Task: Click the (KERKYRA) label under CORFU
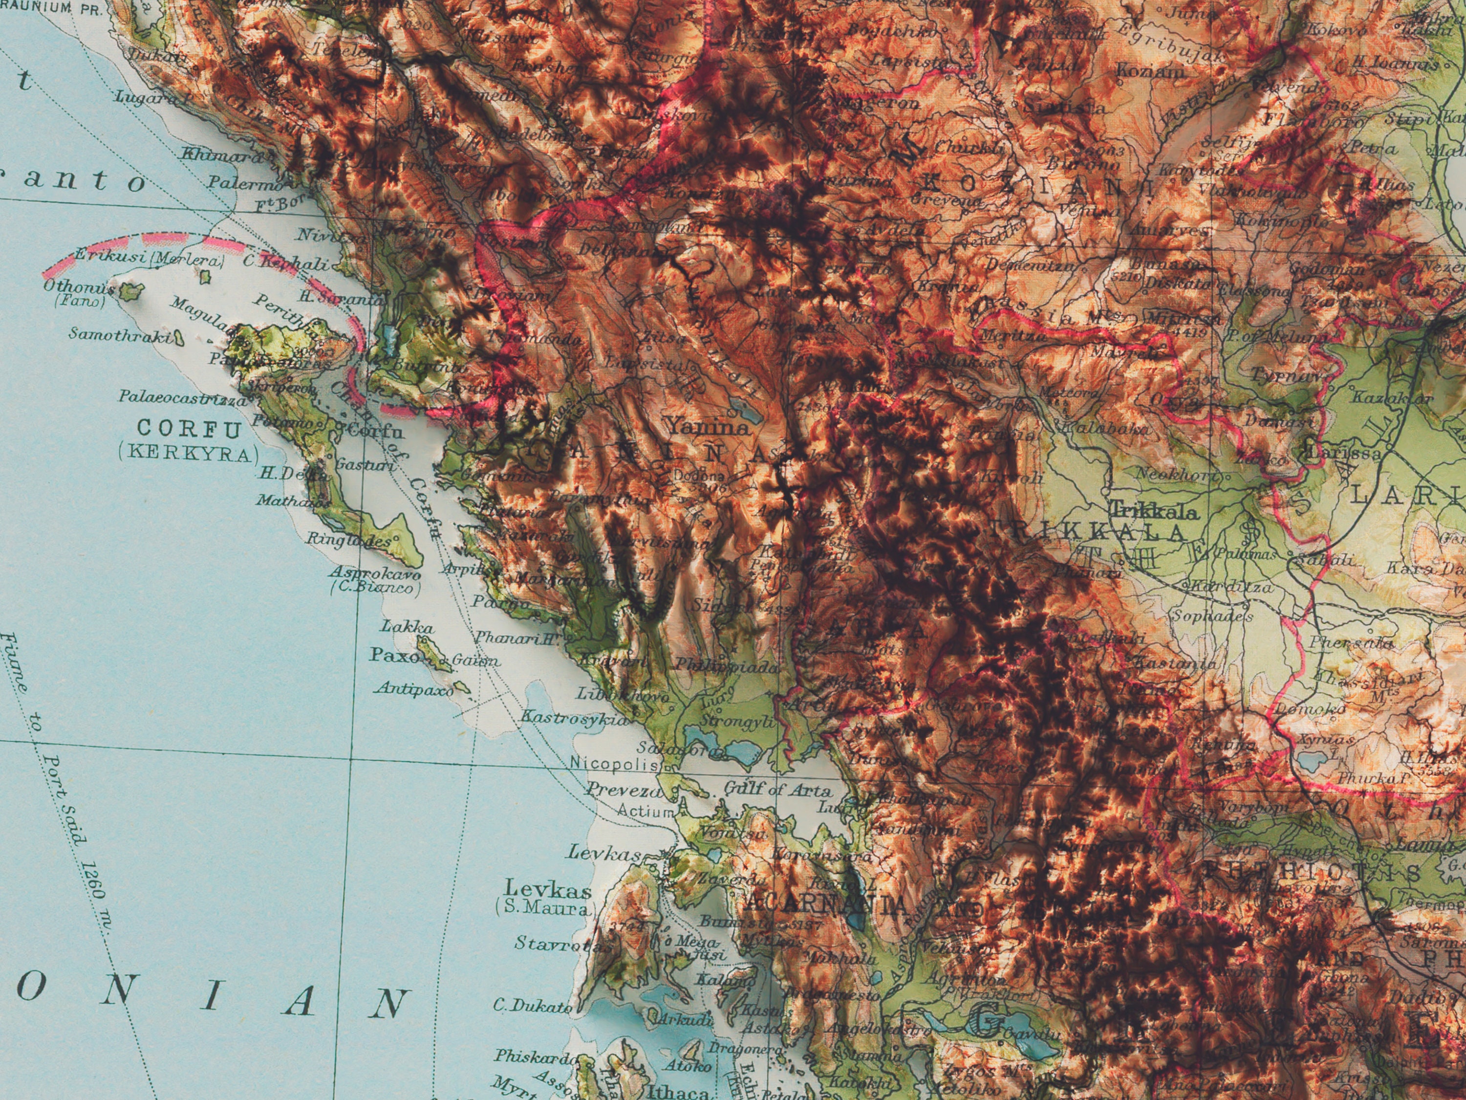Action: coord(188,454)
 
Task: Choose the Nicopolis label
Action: coord(614,764)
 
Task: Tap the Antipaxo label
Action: coord(415,689)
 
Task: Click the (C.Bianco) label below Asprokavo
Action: coord(376,588)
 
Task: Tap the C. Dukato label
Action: coord(532,1007)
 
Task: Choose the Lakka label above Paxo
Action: coord(408,627)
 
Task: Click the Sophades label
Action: coord(1212,616)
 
